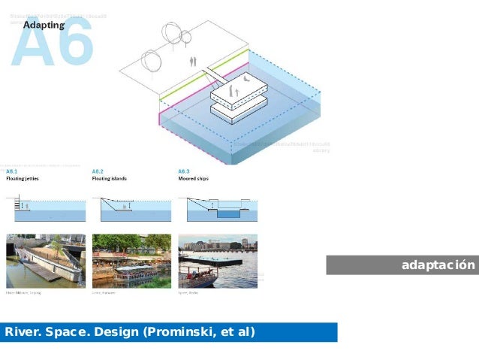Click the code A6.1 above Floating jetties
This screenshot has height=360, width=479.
pyautogui.click(x=12, y=171)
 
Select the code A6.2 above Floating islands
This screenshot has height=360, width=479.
pyautogui.click(x=98, y=171)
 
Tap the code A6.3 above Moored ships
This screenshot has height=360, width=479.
pyautogui.click(x=185, y=171)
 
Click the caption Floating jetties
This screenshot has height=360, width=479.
pyautogui.click(x=23, y=179)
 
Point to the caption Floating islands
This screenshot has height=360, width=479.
pyautogui.click(x=110, y=179)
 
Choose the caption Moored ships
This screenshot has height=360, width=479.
pyautogui.click(x=194, y=179)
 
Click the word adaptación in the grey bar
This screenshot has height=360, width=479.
pyautogui.click(x=438, y=265)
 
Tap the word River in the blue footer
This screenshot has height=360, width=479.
pyautogui.click(x=21, y=331)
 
